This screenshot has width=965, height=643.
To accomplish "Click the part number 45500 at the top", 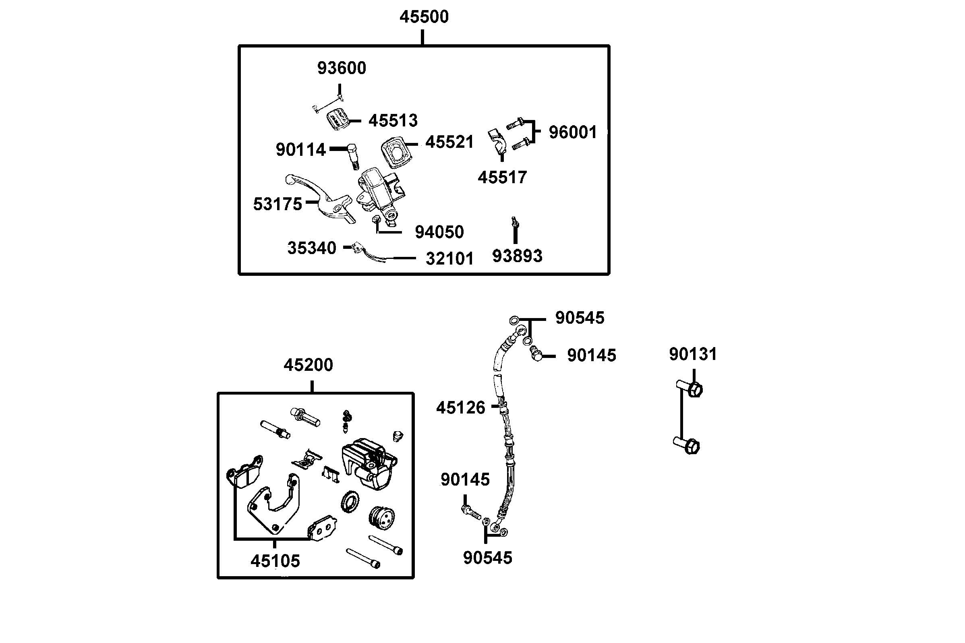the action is pos(424,17).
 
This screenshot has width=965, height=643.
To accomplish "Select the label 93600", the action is pos(342,68).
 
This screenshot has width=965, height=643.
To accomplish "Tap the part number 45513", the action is pos(393,120).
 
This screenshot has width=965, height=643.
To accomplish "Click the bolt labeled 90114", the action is pos(353,157).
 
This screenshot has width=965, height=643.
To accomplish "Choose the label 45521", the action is pos(449,142).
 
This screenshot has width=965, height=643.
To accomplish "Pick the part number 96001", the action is pos(573,132).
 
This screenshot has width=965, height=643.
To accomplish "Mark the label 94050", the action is pos(439,232).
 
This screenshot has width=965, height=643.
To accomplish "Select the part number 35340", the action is pos(312,248).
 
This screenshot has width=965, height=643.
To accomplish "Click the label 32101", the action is pos(449,259).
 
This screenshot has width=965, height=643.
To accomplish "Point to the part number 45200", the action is pos(308,365).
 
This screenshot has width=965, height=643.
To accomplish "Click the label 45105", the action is pos(275,561).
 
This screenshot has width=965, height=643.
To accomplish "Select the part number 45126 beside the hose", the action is pos(461,407).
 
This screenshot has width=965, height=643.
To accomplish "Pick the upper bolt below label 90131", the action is pos(690,389).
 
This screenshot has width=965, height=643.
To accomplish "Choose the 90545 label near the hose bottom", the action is pos(488,558).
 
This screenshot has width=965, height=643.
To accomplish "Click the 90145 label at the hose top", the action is pos(591,356).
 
